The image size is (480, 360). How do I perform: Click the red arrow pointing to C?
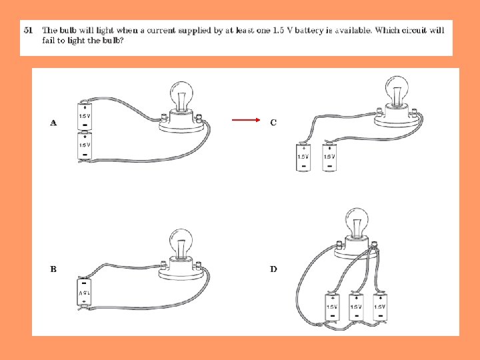[x=246, y=120]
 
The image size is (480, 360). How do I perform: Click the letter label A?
[x=53, y=123]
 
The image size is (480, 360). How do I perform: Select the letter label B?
[x=53, y=269]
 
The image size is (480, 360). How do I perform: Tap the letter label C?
[x=273, y=123]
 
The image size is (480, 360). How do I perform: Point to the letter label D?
[x=273, y=269]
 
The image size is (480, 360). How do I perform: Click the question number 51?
[x=28, y=30]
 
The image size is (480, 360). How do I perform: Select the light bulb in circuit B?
[x=181, y=243]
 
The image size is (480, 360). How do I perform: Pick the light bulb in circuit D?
[x=357, y=222]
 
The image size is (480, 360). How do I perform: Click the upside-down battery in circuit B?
[x=84, y=293]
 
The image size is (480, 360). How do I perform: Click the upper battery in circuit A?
[x=85, y=116]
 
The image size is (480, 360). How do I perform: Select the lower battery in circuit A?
[x=85, y=145]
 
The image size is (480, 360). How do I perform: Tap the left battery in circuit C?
[x=303, y=157]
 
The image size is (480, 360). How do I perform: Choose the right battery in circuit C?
[x=329, y=157]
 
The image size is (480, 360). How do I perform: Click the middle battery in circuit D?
[x=356, y=307]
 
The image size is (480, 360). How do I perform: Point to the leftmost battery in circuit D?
[x=332, y=307]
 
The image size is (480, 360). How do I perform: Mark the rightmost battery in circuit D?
[x=380, y=307]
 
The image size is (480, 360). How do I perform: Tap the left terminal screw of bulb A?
[x=163, y=117]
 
